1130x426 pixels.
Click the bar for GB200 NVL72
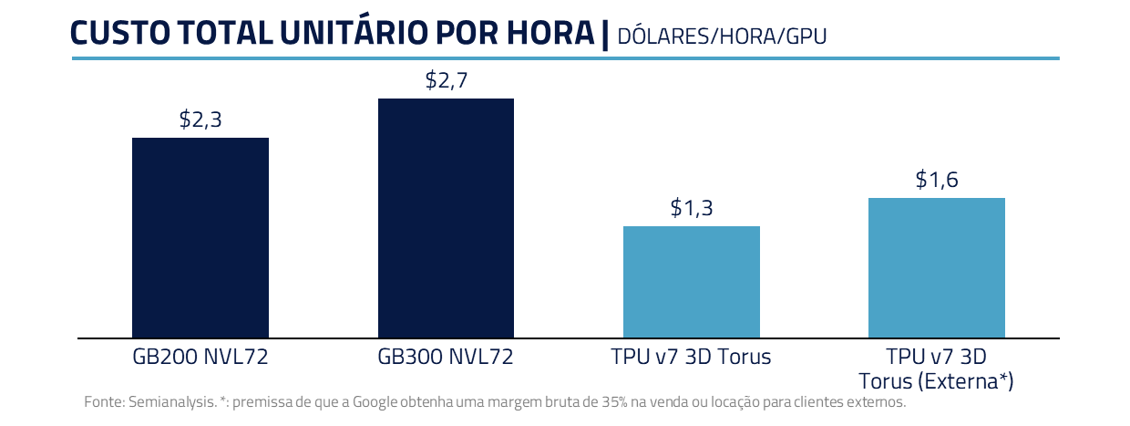tap(200, 237)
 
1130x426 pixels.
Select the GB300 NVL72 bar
tap(446, 218)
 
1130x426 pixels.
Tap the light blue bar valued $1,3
tap(691, 282)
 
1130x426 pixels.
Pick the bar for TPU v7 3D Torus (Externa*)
tap(936, 267)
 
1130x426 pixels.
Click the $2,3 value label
tap(200, 119)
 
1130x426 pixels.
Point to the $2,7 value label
tap(446, 80)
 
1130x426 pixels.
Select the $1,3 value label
tap(691, 208)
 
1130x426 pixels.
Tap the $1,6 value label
tap(936, 180)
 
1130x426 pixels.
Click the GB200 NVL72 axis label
tap(200, 357)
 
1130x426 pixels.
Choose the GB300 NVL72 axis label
tap(446, 357)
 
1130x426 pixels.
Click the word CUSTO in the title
tap(115, 33)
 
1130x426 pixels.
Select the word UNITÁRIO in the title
tap(362, 33)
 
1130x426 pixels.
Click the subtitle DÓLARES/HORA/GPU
tap(722, 36)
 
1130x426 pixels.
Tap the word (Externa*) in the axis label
tap(967, 379)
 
